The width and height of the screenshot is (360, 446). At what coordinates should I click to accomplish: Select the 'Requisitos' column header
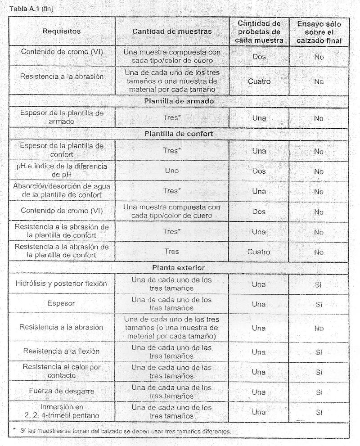point(62,32)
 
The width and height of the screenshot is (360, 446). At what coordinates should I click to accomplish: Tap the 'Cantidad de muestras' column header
point(172,32)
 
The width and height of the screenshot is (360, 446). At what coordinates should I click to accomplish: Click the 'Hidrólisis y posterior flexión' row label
point(62,284)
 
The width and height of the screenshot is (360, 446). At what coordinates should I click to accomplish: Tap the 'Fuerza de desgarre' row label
point(62,392)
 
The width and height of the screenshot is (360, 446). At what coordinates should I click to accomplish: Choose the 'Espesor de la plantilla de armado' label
point(62,117)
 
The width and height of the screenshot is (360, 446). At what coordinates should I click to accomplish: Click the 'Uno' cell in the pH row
point(171,171)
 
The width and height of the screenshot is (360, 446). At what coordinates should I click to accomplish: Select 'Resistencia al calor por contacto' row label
point(62,371)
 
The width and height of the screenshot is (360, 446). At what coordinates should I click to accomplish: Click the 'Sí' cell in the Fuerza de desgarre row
point(319,392)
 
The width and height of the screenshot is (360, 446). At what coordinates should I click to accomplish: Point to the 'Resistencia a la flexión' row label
point(62,351)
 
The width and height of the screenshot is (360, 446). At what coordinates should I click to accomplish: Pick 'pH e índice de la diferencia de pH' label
point(62,171)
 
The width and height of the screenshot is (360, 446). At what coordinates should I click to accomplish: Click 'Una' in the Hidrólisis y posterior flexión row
point(259,284)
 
